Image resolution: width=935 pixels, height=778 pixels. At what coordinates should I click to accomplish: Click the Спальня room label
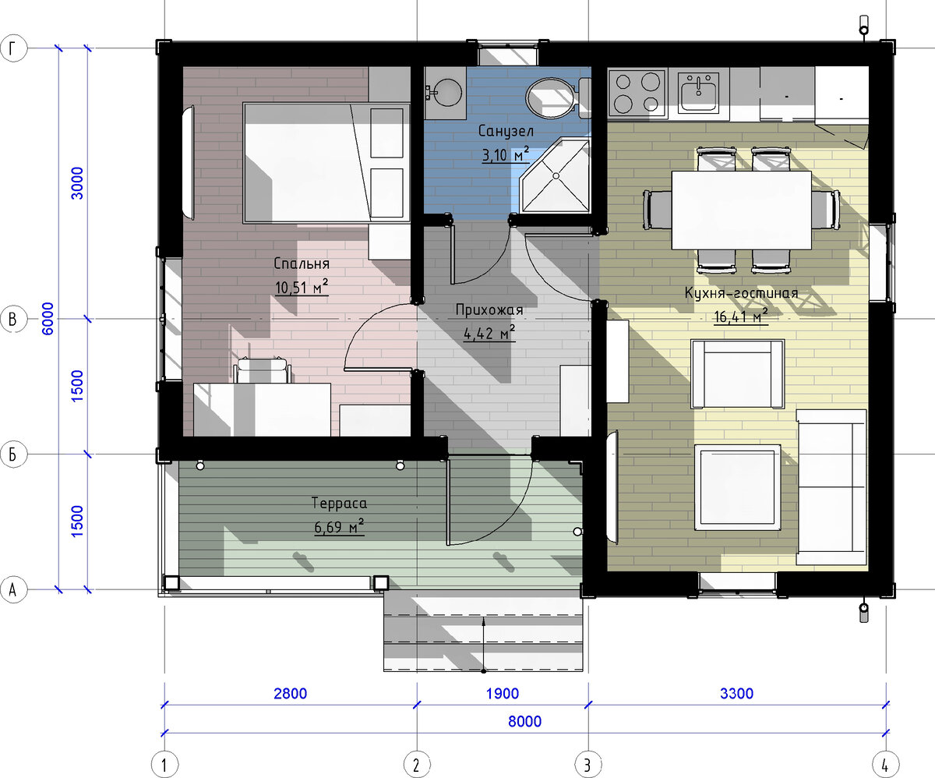pyautogui.click(x=302, y=263)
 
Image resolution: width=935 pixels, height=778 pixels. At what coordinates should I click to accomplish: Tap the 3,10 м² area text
pyautogui.click(x=505, y=154)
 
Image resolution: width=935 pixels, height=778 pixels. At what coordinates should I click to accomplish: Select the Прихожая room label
pyautogui.click(x=489, y=310)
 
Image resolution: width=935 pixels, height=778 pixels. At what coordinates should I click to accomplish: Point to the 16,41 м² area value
pyautogui.click(x=741, y=316)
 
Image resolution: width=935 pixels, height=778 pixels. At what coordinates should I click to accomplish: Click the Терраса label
pyautogui.click(x=339, y=504)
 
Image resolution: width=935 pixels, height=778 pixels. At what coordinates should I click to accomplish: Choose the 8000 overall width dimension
pyautogui.click(x=524, y=721)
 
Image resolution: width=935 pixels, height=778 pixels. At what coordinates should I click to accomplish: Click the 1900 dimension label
pyautogui.click(x=503, y=694)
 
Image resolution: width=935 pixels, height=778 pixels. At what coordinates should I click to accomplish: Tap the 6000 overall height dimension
pyautogui.click(x=48, y=319)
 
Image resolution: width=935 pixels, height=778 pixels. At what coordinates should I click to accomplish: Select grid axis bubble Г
pyautogui.click(x=13, y=48)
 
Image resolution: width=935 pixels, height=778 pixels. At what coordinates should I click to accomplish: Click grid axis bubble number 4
pyautogui.click(x=886, y=765)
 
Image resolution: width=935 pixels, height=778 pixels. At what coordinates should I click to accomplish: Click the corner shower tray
pyautogui.click(x=556, y=175)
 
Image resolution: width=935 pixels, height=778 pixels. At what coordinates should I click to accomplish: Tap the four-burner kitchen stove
pyautogui.click(x=637, y=92)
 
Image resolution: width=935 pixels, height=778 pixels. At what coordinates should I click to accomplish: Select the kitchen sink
pyautogui.click(x=698, y=92)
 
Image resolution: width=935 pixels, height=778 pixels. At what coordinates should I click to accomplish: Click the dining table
pyautogui.click(x=741, y=210)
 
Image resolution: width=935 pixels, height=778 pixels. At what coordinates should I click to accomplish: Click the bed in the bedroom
pyautogui.click(x=326, y=163)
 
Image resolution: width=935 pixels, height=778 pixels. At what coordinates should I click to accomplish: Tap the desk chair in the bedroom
pyautogui.click(x=262, y=370)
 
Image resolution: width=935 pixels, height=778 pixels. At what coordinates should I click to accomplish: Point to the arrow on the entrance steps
pyautogui.click(x=484, y=645)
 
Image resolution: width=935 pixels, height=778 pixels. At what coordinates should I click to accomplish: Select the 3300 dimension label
pyautogui.click(x=736, y=694)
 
